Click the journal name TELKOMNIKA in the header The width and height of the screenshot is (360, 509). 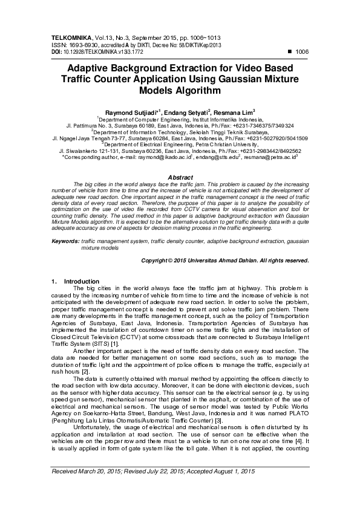(x=70, y=37)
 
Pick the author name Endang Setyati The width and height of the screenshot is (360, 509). (x=186, y=112)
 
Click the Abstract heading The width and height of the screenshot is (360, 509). (x=180, y=177)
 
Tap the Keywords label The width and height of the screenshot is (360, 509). (x=65, y=241)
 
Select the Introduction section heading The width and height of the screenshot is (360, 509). (x=81, y=281)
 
